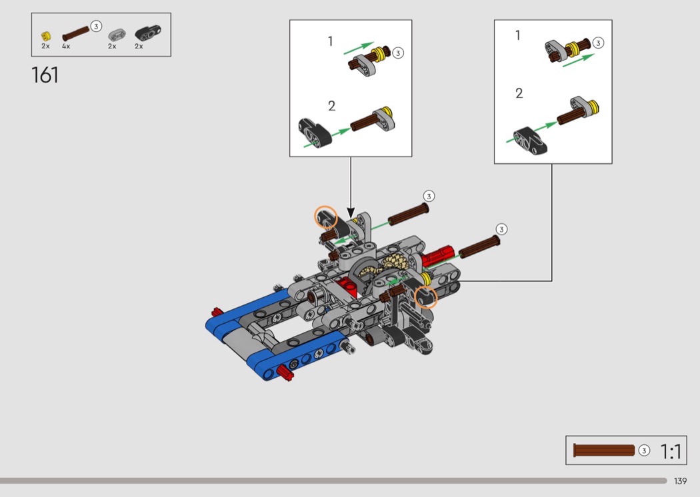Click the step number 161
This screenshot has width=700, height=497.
[45, 75]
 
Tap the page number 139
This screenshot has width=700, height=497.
[680, 481]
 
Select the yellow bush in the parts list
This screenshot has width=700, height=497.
[45, 36]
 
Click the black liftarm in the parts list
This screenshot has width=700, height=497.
[148, 33]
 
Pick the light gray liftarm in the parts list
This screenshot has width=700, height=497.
[117, 35]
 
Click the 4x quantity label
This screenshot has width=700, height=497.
[66, 47]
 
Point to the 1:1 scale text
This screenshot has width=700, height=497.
[671, 452]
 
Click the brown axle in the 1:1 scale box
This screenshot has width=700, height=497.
[603, 450]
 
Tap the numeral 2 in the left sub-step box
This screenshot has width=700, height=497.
[331, 106]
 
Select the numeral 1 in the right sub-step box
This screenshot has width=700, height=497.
[518, 35]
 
